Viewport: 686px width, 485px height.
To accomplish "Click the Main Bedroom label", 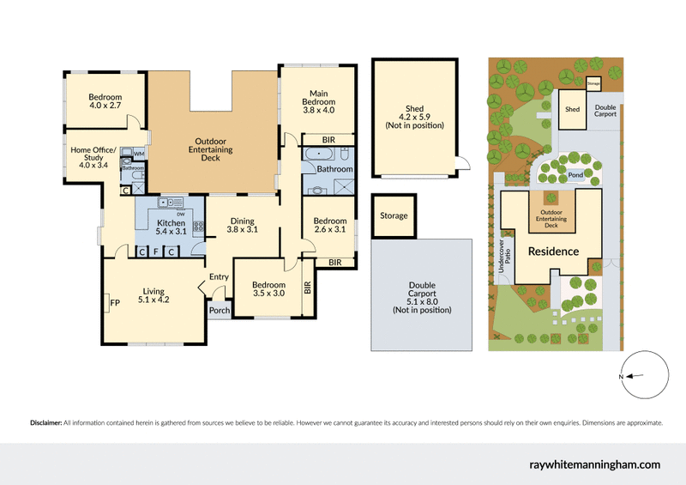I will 317,102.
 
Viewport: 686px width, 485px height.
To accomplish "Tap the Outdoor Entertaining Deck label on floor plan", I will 210,149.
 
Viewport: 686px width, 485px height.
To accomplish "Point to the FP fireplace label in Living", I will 114,301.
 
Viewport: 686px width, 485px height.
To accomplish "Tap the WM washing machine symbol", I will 139,152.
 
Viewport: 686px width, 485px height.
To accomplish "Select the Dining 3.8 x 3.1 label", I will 242,225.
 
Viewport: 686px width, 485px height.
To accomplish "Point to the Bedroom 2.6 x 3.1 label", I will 329,225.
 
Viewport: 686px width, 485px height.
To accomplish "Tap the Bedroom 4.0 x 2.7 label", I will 105,102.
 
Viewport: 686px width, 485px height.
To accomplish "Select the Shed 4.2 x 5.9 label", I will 414,117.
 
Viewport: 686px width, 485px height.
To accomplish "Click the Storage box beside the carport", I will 394,215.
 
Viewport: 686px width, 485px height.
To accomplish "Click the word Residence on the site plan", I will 553,252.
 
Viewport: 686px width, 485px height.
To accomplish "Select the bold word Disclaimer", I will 45,423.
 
